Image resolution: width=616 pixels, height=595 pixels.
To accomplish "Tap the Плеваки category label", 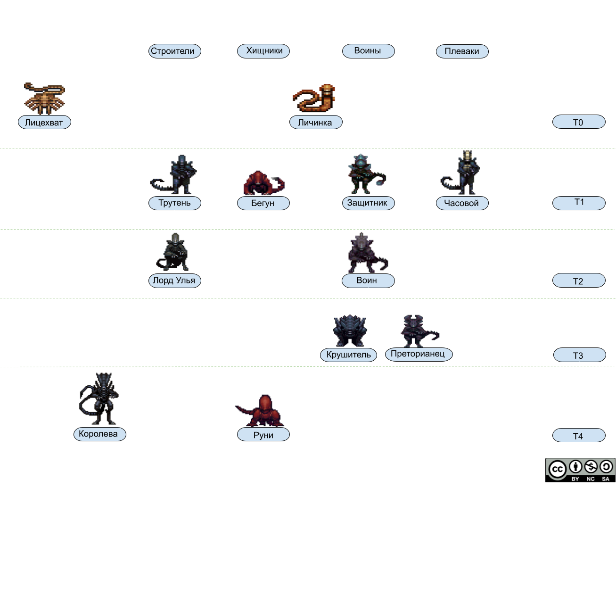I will [x=462, y=51].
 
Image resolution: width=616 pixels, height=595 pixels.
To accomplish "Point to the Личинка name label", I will [x=315, y=123].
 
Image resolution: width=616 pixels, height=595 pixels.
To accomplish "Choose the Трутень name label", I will [x=174, y=203].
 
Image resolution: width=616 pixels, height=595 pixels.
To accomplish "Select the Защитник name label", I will [x=368, y=203].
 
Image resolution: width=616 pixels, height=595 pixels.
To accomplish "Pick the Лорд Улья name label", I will [x=174, y=281].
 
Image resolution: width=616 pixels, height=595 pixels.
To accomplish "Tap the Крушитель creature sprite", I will [x=349, y=331].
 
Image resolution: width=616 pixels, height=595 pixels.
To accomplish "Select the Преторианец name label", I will [x=418, y=354].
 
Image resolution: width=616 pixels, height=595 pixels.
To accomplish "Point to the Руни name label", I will [x=263, y=435].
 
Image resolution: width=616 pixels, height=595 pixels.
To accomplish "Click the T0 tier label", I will [x=578, y=122].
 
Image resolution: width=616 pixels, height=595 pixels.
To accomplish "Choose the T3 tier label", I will [x=579, y=355].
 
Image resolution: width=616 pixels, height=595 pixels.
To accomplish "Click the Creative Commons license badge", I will [x=581, y=470].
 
